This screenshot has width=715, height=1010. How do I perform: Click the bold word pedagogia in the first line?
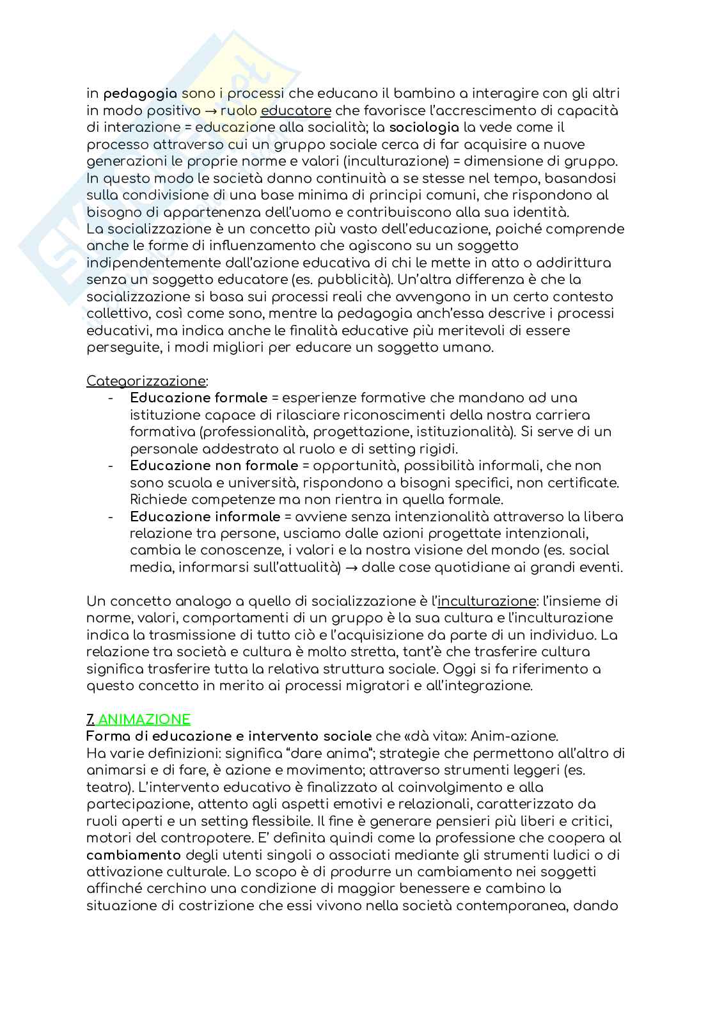click(140, 93)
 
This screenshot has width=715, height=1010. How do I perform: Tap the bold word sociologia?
click(424, 127)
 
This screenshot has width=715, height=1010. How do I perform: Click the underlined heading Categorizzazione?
click(146, 381)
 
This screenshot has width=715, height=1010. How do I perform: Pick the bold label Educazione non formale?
click(214, 466)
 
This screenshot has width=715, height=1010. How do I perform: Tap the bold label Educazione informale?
click(205, 516)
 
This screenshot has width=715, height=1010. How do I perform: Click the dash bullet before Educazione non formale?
click(111, 466)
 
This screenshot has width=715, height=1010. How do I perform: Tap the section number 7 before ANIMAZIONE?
click(90, 719)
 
